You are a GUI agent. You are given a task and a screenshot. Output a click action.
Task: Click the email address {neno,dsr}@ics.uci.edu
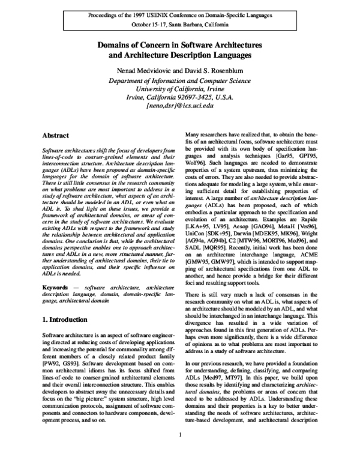click(x=179, y=104)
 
